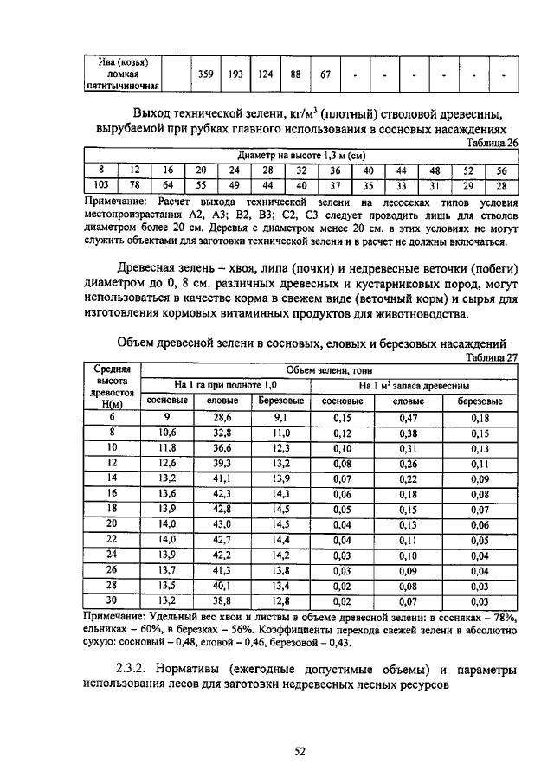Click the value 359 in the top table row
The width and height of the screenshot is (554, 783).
tap(206, 74)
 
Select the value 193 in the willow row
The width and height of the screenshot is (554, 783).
tap(235, 74)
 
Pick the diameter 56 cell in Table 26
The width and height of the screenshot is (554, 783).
tap(501, 170)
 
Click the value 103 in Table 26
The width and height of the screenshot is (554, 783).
tap(100, 185)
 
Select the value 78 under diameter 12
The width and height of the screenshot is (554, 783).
tap(135, 185)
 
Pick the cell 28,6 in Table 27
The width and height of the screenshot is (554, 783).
tap(223, 417)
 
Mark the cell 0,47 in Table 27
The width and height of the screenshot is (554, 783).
tap(408, 417)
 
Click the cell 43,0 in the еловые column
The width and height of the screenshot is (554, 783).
tap(223, 523)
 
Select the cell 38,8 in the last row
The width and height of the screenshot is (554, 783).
tap(223, 600)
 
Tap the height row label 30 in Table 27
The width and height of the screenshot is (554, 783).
tap(112, 600)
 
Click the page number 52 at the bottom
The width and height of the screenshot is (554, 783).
tap(300, 752)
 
